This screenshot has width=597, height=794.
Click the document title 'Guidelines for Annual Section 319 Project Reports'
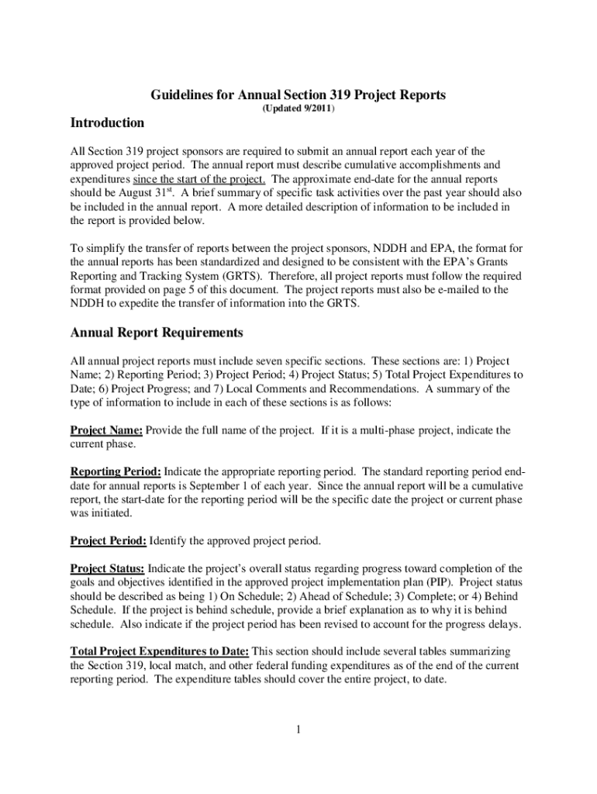point(298,95)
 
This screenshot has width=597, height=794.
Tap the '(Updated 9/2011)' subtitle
point(298,110)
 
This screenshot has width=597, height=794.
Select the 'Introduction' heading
point(107,123)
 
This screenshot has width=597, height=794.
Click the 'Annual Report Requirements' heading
point(157,333)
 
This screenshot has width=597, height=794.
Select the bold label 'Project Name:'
point(106,430)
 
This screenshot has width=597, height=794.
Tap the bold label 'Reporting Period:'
point(116,471)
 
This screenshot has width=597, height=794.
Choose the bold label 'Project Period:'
point(109,540)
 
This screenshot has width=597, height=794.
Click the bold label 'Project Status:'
point(107,568)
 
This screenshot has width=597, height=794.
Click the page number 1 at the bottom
point(298,730)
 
